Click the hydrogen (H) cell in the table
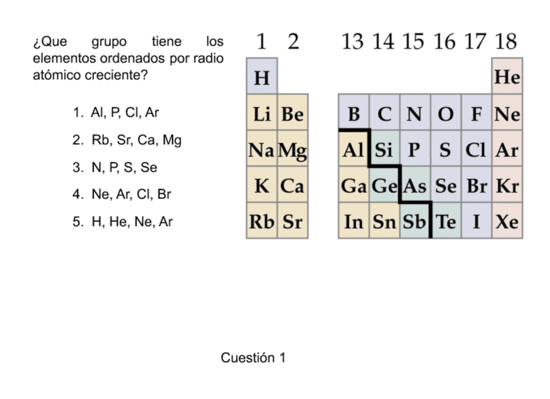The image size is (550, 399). pyautogui.click(x=261, y=77)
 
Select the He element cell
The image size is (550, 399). pyautogui.click(x=507, y=77)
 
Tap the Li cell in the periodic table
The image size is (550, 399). pyautogui.click(x=261, y=114)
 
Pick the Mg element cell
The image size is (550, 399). pyautogui.click(x=293, y=150)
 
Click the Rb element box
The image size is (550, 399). pyautogui.click(x=261, y=221)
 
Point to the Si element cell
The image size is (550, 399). pyautogui.click(x=384, y=150)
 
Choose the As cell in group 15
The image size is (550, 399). pyautogui.click(x=415, y=186)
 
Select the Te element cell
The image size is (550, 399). pyautogui.click(x=446, y=221)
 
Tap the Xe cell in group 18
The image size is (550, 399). pyautogui.click(x=507, y=221)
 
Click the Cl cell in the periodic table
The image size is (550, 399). pyautogui.click(x=476, y=150)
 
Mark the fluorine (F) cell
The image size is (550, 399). pyautogui.click(x=476, y=114)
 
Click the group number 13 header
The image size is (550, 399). pyautogui.click(x=353, y=42)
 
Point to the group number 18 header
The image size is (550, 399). pyautogui.click(x=507, y=42)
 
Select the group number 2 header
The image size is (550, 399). pyautogui.click(x=293, y=42)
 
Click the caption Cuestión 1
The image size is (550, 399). pyautogui.click(x=253, y=357)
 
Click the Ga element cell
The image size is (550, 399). pyautogui.click(x=353, y=186)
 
